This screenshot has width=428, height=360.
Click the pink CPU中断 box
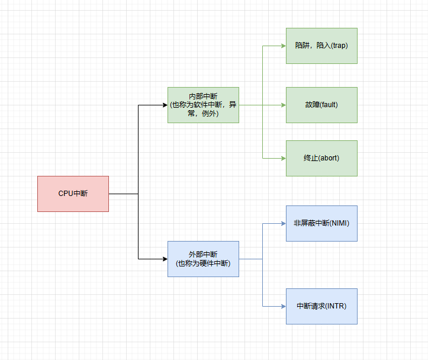coord(73,194)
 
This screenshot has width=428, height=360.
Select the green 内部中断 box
coord(203,105)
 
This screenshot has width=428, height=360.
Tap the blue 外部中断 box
coord(203,259)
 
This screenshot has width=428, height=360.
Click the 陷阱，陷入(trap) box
coord(321,46)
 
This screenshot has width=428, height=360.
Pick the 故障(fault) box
coord(321,105)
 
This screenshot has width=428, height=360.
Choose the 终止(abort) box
coord(321,158)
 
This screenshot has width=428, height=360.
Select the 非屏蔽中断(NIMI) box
coord(321,223)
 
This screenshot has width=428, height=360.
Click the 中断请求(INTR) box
coord(321,306)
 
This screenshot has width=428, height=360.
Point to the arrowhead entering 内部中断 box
coord(165,105)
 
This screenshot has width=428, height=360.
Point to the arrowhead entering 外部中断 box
coord(165,259)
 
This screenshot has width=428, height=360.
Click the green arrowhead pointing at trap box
coord(283,46)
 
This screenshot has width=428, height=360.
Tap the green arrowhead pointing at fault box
coord(283,105)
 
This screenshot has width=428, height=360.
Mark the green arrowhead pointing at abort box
coord(283,158)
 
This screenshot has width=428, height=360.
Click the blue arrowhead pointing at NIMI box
coord(283,223)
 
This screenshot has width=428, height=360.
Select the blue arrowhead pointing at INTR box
coord(283,306)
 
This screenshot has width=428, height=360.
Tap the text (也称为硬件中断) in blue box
coord(203,263)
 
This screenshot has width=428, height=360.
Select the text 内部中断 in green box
coord(203,97)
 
